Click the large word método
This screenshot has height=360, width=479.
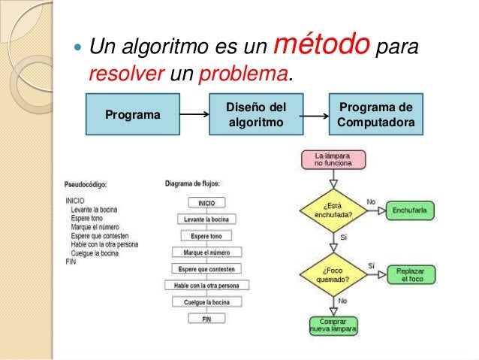coord(324,47)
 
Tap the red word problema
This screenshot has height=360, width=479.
coord(245,75)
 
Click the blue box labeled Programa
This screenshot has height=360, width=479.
coord(132,115)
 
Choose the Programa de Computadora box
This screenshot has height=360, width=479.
coord(376,115)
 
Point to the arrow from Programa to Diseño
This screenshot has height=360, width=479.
coord(194,115)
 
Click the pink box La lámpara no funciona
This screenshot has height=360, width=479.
coord(333,159)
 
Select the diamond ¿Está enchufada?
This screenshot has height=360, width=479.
coord(333,210)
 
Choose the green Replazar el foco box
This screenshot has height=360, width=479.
coord(412,274)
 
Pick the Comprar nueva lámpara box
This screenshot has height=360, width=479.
coord(333,325)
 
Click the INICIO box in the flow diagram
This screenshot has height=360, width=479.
coord(206,202)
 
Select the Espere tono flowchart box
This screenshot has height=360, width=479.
coord(206,235)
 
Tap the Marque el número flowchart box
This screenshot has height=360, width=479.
coord(206,252)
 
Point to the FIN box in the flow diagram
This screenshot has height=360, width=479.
coord(206,319)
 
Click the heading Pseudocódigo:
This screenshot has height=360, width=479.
coord(86,183)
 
